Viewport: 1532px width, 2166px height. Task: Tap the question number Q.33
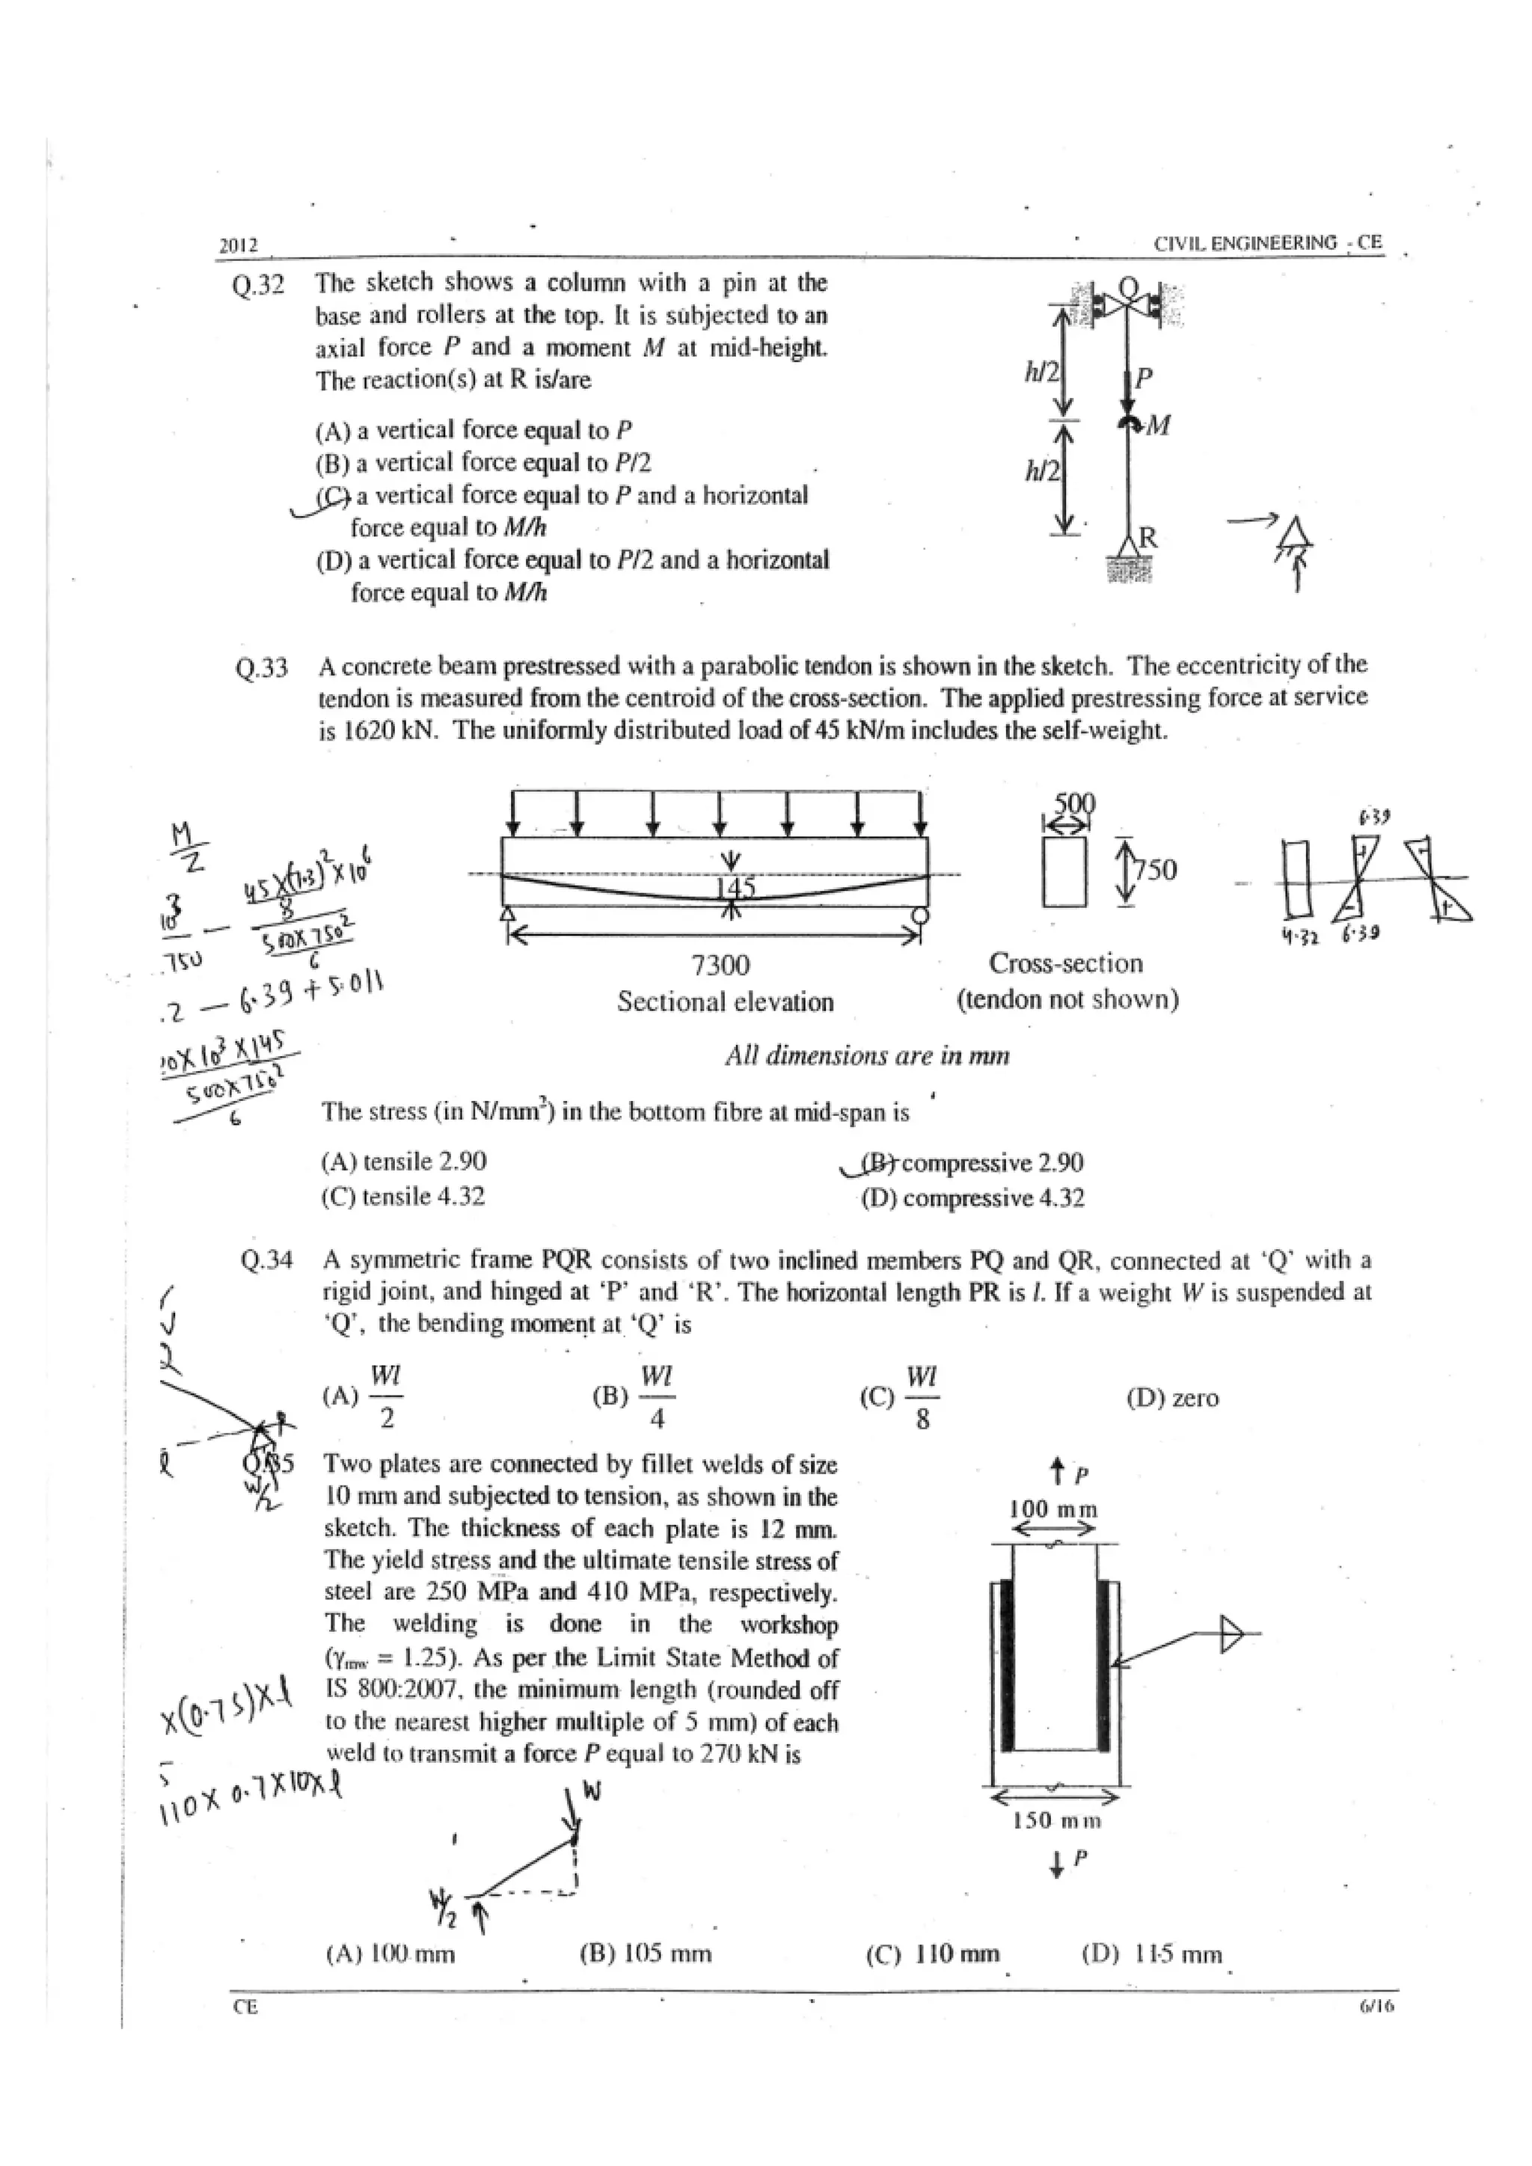[261, 669]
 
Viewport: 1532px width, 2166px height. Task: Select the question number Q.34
[266, 1260]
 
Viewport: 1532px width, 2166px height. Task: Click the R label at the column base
[1148, 538]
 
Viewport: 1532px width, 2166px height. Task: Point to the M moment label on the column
[1159, 426]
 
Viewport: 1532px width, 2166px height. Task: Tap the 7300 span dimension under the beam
[720, 965]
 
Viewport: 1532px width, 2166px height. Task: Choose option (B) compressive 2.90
[972, 1162]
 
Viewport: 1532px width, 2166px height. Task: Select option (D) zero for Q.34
[1173, 1398]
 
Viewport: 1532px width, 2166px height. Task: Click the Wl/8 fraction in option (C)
[922, 1397]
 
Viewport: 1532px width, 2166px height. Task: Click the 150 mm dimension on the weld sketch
[1056, 1820]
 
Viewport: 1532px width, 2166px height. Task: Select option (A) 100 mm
[390, 1954]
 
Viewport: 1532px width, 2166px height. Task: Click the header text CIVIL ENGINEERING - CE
[1268, 243]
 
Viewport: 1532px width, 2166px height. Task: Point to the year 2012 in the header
[239, 246]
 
